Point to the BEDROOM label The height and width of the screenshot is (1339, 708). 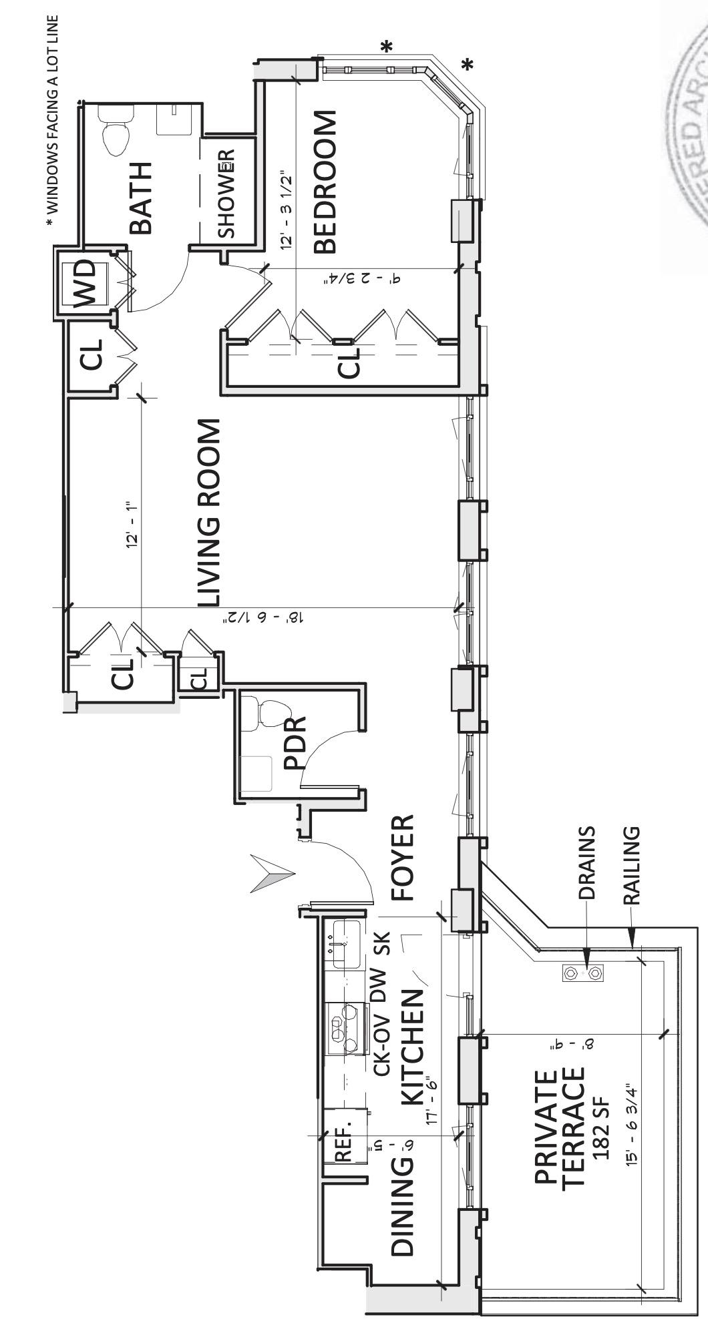pyautogui.click(x=325, y=183)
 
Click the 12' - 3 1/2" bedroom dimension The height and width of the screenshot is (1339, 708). pyautogui.click(x=287, y=210)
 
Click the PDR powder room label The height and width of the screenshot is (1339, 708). pyautogui.click(x=295, y=743)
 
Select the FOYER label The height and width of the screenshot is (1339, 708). pyautogui.click(x=402, y=858)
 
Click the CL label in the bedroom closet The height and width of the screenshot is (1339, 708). pyautogui.click(x=348, y=362)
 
